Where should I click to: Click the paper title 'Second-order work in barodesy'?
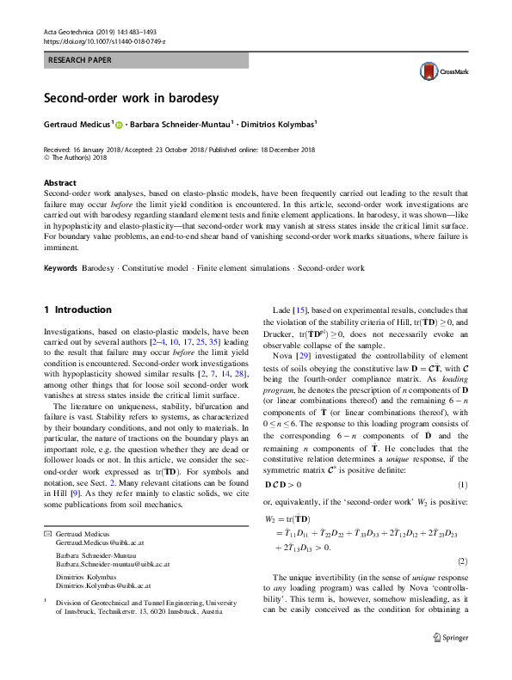pyautogui.click(x=132, y=97)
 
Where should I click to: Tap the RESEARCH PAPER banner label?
pyautogui.click(x=83, y=61)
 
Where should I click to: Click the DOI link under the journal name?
pyautogui.click(x=104, y=41)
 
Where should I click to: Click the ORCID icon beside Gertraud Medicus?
pyautogui.click(x=119, y=126)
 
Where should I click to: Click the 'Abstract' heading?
pyautogui.click(x=60, y=183)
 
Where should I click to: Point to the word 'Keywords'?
pyautogui.click(x=61, y=268)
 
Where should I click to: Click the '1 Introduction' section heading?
pyautogui.click(x=77, y=309)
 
